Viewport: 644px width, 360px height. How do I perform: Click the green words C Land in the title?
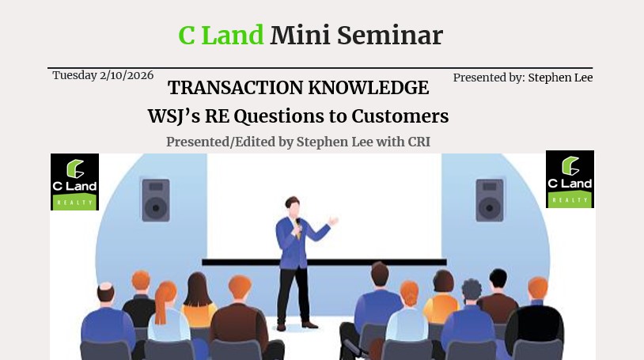(x=221, y=36)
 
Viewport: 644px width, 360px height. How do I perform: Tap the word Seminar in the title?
(x=390, y=36)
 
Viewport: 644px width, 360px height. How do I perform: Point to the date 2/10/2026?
(x=127, y=76)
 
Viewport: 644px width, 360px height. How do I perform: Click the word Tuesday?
(x=74, y=76)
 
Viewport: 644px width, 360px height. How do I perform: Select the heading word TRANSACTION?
(x=235, y=88)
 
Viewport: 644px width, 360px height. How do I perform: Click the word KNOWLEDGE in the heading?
(x=369, y=88)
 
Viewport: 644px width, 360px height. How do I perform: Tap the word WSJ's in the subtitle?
(x=174, y=116)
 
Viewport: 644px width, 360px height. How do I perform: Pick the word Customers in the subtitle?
(x=400, y=116)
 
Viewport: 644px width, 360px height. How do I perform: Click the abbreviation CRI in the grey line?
(x=419, y=142)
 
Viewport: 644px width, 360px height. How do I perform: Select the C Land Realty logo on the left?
(x=74, y=182)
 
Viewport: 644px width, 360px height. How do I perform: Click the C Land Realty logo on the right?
(x=570, y=179)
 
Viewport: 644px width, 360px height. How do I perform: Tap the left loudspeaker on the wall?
(x=156, y=200)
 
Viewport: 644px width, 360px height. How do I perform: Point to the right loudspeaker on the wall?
(x=490, y=200)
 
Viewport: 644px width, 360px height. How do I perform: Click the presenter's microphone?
(x=298, y=225)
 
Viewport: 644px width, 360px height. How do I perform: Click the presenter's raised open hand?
(x=333, y=221)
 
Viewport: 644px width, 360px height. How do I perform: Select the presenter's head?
(x=293, y=207)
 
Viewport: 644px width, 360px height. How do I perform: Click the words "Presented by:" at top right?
(x=489, y=78)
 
